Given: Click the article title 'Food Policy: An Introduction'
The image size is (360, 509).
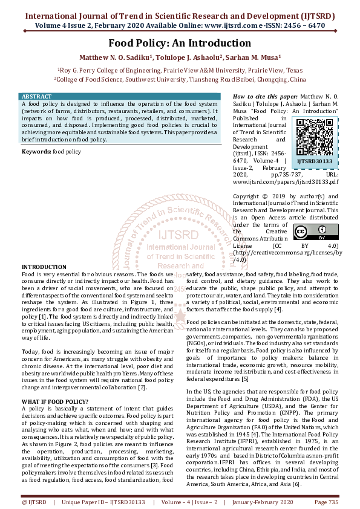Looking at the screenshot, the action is (180, 44).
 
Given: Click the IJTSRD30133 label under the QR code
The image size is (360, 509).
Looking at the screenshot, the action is (314, 161).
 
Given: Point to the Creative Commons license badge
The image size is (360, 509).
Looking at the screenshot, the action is (307, 232).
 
